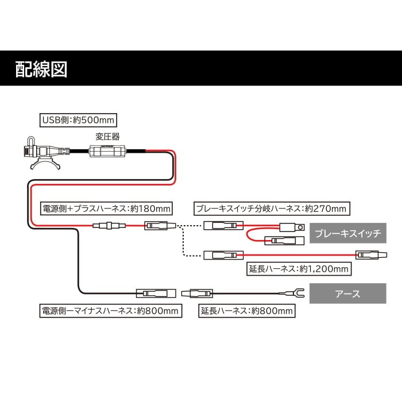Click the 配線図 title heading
42,68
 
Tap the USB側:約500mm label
79,120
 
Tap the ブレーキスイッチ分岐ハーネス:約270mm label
271,208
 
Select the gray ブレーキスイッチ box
349,234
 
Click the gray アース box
348,293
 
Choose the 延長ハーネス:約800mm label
247,311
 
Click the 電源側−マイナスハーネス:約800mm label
110,311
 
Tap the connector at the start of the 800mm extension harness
197,293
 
